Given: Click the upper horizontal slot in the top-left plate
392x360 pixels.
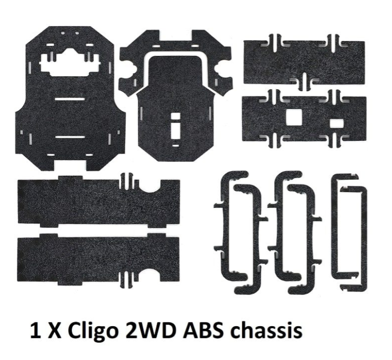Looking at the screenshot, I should click(x=70, y=98).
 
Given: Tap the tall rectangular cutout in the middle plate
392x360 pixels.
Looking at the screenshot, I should click(x=176, y=127).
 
